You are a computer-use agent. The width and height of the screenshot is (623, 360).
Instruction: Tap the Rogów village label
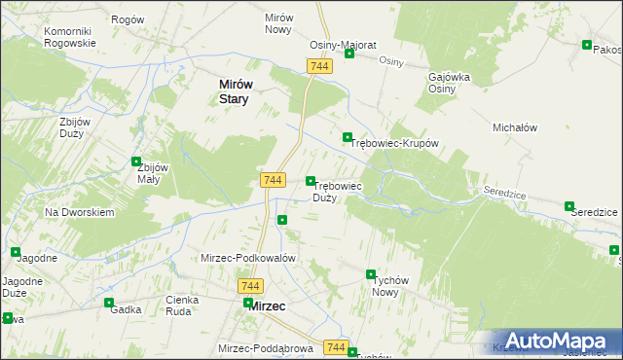coord(128,19)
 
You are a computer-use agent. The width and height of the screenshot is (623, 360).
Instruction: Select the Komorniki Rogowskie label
coord(70,37)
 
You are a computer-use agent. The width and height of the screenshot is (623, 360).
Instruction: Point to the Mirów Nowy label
coord(278,24)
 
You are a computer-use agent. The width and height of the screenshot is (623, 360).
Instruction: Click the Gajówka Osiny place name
coord(450,82)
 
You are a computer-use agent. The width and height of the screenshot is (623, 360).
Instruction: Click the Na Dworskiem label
coord(81,211)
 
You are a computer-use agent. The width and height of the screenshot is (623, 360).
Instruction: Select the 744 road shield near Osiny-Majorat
coord(320,65)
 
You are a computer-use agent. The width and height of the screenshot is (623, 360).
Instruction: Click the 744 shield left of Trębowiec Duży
coord(273,181)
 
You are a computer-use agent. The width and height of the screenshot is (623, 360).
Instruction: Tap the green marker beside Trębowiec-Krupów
coord(347,137)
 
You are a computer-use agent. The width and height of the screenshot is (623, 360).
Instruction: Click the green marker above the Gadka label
coord(109,303)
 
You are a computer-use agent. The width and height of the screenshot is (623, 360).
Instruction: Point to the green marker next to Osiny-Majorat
coord(348,54)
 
